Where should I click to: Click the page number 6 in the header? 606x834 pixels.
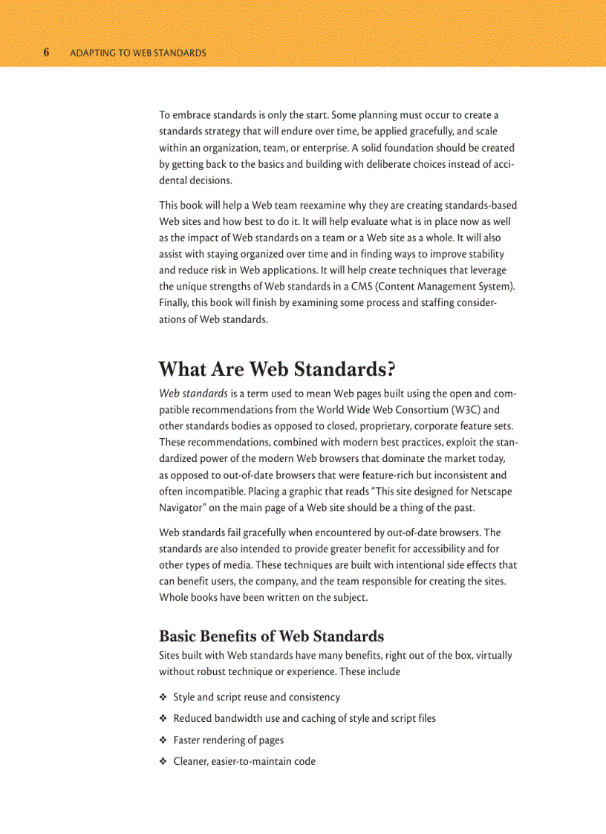[x=46, y=53]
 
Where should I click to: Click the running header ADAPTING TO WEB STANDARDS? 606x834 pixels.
[x=137, y=53]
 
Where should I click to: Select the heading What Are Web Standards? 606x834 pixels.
[x=277, y=369]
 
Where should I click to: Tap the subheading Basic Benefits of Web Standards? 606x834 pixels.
[x=271, y=636]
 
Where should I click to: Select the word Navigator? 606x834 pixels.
[x=183, y=507]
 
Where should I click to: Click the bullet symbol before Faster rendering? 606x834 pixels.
[x=163, y=740]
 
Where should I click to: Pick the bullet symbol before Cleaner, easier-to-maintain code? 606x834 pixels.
[x=163, y=761]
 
